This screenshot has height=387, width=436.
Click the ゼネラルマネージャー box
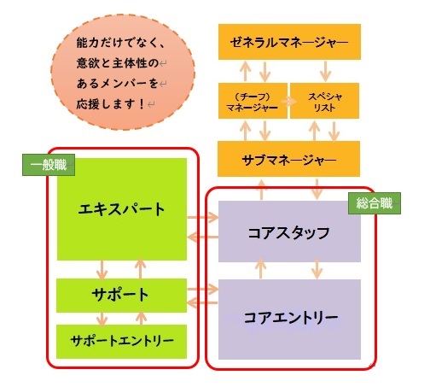(289, 42)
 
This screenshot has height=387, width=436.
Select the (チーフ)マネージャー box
(253, 101)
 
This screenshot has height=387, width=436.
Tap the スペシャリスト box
(324, 101)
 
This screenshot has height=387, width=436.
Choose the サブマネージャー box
(288, 159)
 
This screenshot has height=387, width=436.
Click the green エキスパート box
(122, 209)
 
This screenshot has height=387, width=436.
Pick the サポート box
(121, 296)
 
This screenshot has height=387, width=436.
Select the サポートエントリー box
(121, 342)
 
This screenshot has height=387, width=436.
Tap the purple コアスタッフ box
(289, 232)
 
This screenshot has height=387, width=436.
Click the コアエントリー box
(289, 320)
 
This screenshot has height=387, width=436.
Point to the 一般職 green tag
(49, 165)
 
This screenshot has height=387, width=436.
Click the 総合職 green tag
(375, 203)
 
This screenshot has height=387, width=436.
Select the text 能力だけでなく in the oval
(116, 43)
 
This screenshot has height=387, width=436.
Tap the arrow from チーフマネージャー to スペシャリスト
(288, 102)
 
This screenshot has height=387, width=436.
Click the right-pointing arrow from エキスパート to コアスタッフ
(202, 218)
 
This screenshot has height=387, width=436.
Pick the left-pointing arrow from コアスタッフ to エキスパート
(202, 237)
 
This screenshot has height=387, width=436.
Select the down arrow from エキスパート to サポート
(102, 269)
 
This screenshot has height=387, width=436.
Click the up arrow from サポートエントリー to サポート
(141, 319)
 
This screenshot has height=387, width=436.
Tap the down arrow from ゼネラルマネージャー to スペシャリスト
(325, 71)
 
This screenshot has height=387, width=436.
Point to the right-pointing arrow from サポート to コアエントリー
(202, 290)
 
